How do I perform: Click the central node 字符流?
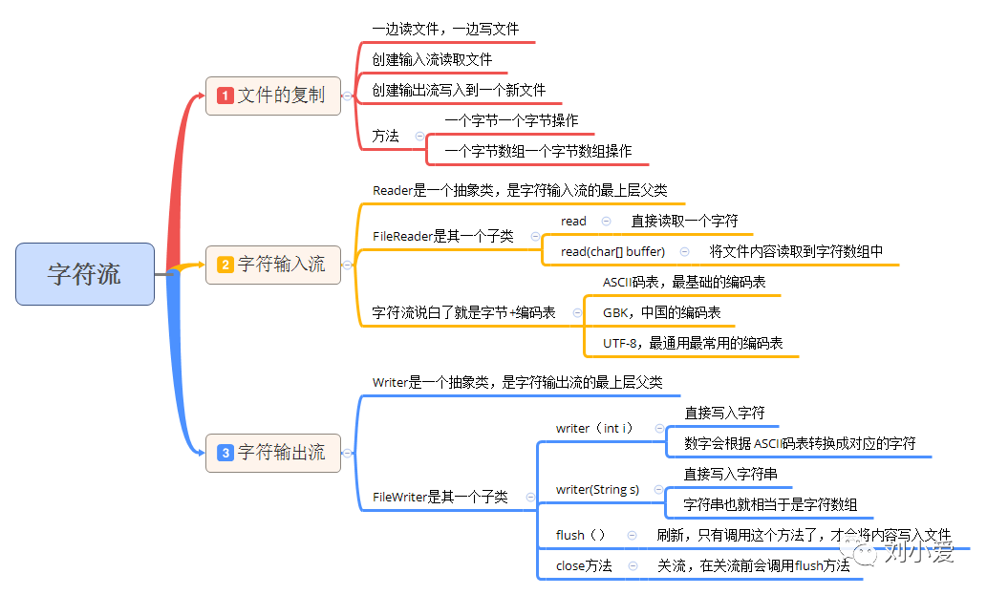(85, 274)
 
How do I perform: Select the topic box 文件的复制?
(273, 96)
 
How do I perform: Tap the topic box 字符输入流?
(273, 265)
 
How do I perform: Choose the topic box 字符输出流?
(273, 452)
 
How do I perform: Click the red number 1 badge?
(225, 96)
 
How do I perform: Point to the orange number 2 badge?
(225, 265)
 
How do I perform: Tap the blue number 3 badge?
(225, 453)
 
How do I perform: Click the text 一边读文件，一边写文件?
(445, 31)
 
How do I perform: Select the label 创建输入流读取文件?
(432, 59)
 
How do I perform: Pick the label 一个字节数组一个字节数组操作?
(538, 151)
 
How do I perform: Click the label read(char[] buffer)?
(612, 251)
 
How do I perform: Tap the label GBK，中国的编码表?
(661, 312)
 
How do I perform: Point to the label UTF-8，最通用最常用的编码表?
(692, 343)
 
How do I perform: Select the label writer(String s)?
(597, 490)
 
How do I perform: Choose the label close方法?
(584, 565)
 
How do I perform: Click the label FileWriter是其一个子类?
(440, 497)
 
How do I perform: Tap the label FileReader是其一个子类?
(442, 236)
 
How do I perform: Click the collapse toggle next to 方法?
(419, 137)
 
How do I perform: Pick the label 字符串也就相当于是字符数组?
(770, 504)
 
